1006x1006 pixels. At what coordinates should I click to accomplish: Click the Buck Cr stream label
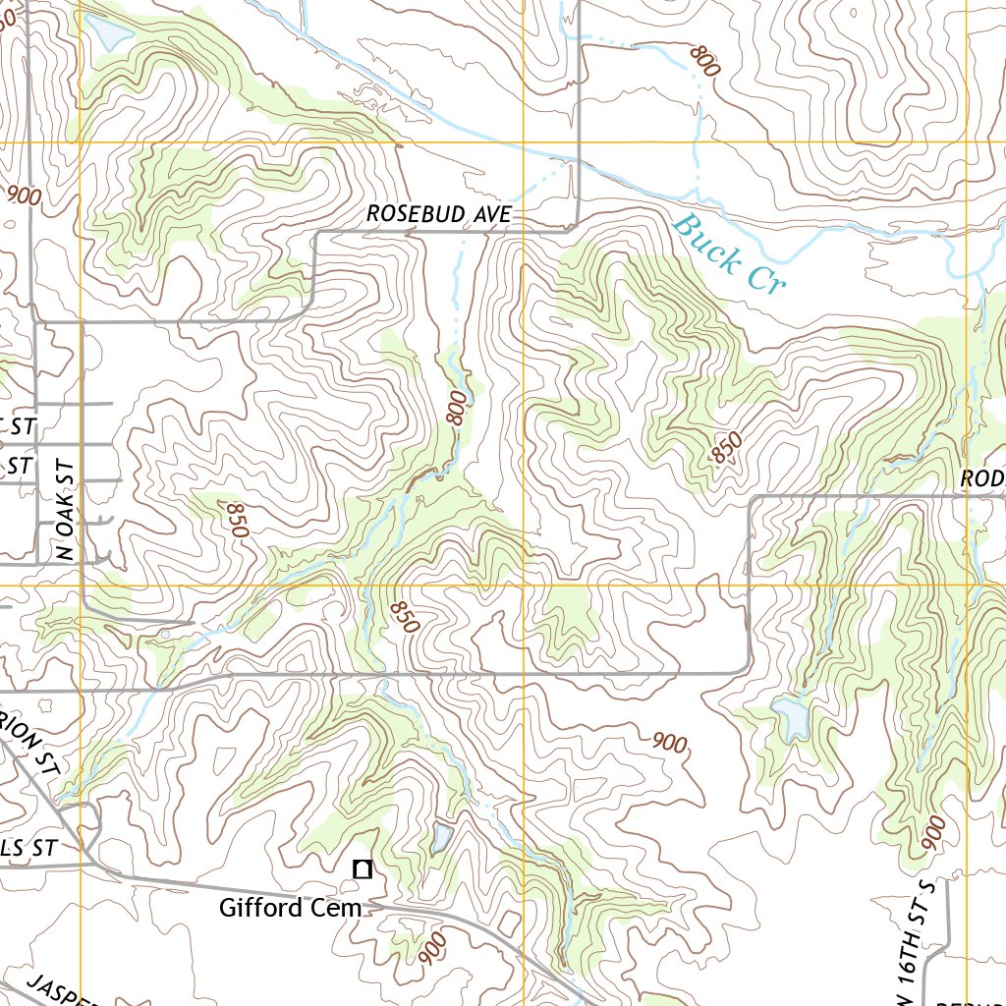click(x=728, y=254)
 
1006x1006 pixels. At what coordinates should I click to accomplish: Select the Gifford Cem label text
click(x=290, y=908)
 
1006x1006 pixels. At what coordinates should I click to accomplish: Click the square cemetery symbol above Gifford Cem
click(x=363, y=868)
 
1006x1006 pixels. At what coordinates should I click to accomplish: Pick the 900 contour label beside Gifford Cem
click(x=431, y=948)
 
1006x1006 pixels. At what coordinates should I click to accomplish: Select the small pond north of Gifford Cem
click(x=439, y=838)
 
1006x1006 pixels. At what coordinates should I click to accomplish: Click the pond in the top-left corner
click(x=108, y=32)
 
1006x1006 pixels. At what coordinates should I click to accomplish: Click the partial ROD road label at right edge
click(x=982, y=478)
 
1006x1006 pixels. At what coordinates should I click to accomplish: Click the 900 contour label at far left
click(x=24, y=195)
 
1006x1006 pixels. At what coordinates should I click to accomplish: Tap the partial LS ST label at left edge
click(x=29, y=848)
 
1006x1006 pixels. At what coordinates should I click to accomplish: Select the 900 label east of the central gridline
click(x=669, y=743)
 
